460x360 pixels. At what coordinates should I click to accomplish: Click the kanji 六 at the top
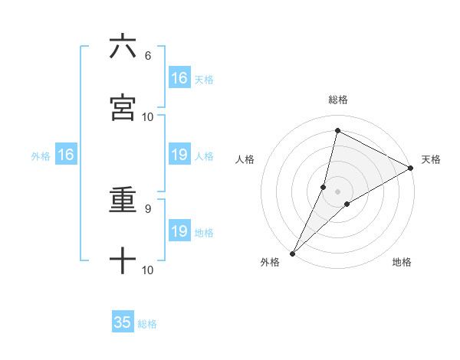123,47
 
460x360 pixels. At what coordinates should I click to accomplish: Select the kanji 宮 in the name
123,108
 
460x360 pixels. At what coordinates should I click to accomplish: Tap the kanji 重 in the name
123,203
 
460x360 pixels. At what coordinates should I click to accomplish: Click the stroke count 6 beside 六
148,56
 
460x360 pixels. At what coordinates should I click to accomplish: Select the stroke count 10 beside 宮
148,116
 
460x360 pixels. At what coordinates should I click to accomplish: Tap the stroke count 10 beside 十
148,270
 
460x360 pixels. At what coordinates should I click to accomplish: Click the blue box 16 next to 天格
179,78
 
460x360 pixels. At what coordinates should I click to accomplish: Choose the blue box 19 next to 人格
179,155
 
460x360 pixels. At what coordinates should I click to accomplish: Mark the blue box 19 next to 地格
179,231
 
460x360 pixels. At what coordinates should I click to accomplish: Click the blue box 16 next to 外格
66,155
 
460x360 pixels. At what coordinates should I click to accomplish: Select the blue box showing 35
123,322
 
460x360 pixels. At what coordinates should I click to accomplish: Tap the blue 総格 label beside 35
148,324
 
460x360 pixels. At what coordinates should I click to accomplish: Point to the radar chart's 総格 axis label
338,100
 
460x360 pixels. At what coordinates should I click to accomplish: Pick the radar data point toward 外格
293,253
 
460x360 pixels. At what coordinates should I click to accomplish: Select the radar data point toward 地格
347,204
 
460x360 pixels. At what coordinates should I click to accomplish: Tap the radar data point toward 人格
324,187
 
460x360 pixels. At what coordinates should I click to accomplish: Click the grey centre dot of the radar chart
338,191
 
